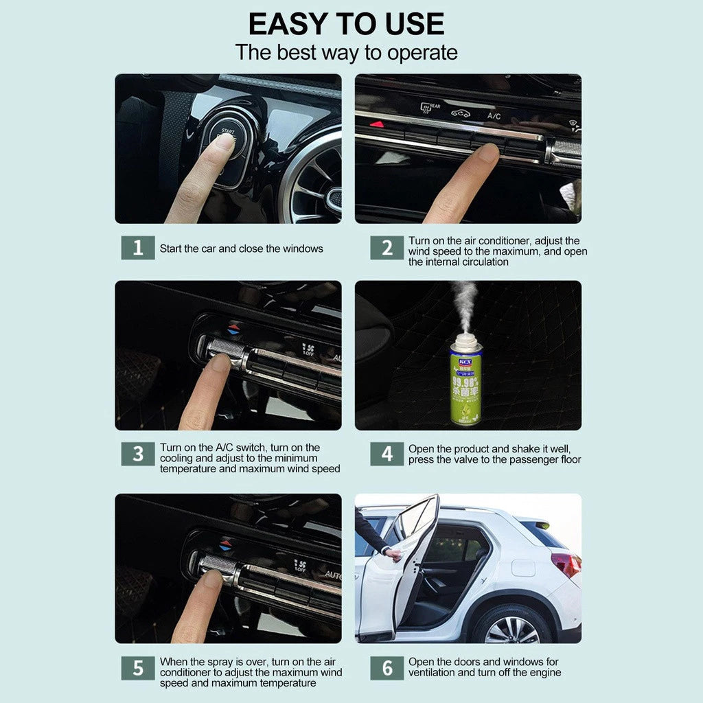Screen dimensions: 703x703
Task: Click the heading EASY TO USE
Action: click(x=346, y=24)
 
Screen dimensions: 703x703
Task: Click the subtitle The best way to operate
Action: click(x=346, y=52)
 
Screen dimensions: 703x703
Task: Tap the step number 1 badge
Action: click(x=138, y=248)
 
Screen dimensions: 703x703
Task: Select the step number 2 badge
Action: click(x=387, y=248)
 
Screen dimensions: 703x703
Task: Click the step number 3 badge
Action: click(x=138, y=454)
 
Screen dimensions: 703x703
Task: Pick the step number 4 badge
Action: click(x=387, y=454)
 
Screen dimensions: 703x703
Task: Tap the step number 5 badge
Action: click(x=138, y=668)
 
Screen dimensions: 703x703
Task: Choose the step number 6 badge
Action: click(x=387, y=668)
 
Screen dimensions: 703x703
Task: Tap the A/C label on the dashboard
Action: click(x=494, y=116)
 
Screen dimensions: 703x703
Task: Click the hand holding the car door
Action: click(x=393, y=553)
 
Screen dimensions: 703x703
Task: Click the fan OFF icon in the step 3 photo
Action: click(x=309, y=350)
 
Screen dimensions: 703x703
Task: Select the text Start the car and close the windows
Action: click(x=241, y=249)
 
